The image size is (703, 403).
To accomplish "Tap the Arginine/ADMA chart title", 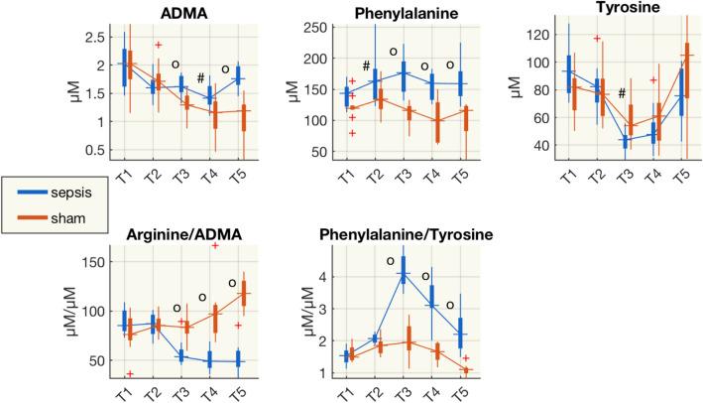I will coord(189,234).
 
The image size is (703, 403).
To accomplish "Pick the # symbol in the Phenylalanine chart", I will coord(366,67).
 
